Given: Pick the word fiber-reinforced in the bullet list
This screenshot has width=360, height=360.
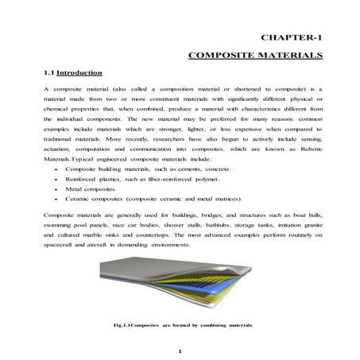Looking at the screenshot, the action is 164,180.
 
